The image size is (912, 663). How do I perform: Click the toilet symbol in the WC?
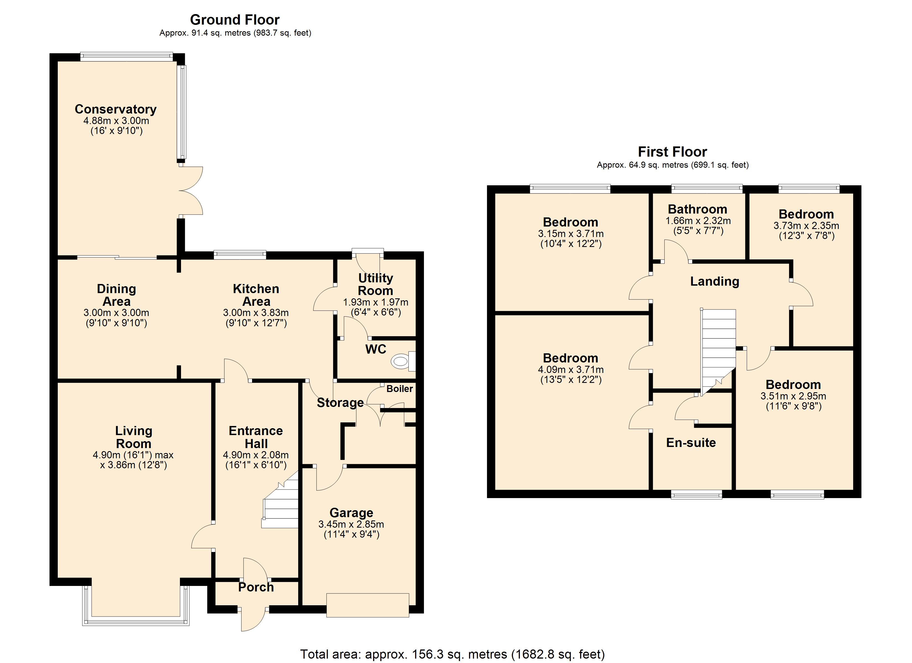coord(403,361)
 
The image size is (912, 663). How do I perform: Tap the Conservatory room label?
coord(116,109)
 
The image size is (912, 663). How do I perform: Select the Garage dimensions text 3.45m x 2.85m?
coord(351,524)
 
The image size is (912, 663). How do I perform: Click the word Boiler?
coord(400,388)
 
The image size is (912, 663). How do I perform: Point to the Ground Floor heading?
coord(235,19)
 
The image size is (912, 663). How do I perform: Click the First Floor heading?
coord(672,152)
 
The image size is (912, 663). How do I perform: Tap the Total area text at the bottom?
coord(453,654)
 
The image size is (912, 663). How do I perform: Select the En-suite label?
coord(691,443)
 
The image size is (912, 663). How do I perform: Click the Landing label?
coord(715,281)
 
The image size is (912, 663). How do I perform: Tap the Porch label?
coord(256,587)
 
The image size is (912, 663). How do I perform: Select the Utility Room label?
coord(376,284)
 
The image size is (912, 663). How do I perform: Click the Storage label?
coord(340,402)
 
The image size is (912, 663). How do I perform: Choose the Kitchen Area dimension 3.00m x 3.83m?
coord(256,313)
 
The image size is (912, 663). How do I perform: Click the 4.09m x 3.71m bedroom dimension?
coord(571,370)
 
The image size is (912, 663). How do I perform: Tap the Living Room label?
coord(133,437)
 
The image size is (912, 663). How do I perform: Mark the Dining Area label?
coord(116,295)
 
